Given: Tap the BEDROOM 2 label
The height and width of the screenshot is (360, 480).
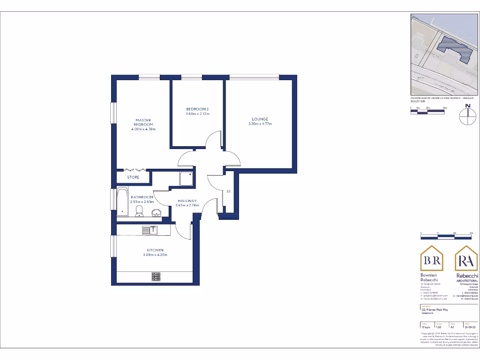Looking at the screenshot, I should pyautogui.click(x=197, y=109).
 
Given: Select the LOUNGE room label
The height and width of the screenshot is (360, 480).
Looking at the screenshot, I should pyautogui.click(x=260, y=119).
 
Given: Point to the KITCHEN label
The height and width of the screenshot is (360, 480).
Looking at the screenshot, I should pyautogui.click(x=155, y=250).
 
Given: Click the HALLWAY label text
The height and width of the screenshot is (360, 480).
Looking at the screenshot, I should pyautogui.click(x=187, y=201).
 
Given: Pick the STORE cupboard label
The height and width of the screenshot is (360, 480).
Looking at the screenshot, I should pyautogui.click(x=134, y=178).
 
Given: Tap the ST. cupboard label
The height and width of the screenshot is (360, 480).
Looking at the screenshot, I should pyautogui.click(x=229, y=192).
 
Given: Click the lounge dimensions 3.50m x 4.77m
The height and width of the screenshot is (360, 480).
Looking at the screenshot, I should pyautogui.click(x=260, y=124).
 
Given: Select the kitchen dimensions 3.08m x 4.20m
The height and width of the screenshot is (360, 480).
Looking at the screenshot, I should pyautogui.click(x=155, y=255).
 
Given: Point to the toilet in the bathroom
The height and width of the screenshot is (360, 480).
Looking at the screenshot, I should pyautogui.click(x=139, y=211).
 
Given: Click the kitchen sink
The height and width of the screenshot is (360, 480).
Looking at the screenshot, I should pyautogui.click(x=150, y=230).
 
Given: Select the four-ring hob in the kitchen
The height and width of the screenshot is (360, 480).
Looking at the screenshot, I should pyautogui.click(x=156, y=277).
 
